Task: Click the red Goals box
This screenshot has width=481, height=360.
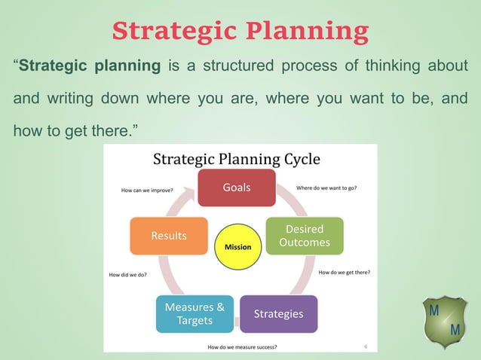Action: point(236,188)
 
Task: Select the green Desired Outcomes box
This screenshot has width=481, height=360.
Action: point(304,236)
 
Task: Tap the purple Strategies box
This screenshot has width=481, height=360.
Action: point(278,313)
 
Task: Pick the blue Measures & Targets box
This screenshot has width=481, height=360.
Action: point(194,314)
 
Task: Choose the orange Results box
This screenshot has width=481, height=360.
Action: point(169,236)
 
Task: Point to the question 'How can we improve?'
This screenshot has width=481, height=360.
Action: point(147,191)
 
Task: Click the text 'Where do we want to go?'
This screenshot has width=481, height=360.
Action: point(326,188)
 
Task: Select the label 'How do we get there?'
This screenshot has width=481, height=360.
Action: point(345,272)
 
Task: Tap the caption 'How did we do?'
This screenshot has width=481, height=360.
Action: point(128,275)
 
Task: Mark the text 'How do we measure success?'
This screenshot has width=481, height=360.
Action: point(242,347)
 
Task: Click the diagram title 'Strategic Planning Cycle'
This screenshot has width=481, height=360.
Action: point(236,159)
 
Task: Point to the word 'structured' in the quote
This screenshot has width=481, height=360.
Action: point(235,66)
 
